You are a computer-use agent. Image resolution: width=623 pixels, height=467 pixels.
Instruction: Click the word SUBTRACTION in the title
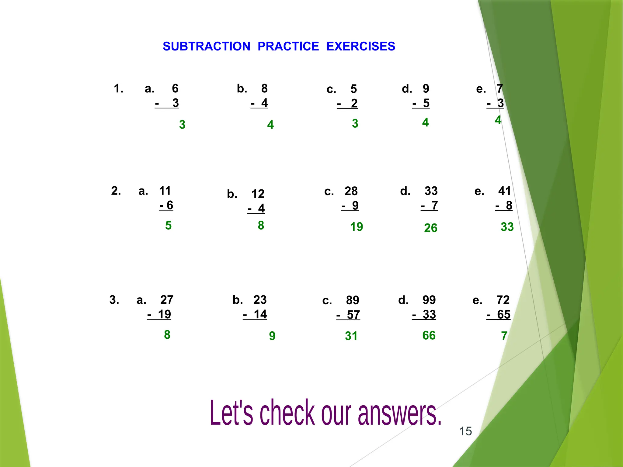tap(206, 47)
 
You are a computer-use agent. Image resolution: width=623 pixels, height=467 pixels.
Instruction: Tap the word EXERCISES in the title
tap(360, 47)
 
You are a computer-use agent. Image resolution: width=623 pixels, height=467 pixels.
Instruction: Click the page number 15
tap(465, 431)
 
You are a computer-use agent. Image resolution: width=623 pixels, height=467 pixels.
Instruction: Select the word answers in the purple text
tap(399, 413)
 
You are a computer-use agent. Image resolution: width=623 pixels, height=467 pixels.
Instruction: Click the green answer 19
tap(356, 227)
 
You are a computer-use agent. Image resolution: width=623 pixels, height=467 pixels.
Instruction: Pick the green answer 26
tap(430, 228)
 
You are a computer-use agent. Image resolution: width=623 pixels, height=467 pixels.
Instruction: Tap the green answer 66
tap(429, 335)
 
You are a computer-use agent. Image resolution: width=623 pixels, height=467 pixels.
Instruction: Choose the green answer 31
tap(351, 336)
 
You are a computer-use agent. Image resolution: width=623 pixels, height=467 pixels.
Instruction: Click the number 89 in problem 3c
tap(353, 300)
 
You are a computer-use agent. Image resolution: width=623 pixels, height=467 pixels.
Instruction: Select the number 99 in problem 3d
tap(429, 300)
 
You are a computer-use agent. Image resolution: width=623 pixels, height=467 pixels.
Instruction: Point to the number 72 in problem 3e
tap(503, 300)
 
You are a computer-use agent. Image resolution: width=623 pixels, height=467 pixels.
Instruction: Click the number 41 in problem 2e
tap(505, 191)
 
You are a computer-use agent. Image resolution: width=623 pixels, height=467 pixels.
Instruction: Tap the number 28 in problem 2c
tap(351, 191)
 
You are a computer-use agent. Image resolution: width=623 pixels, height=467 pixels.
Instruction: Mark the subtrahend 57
tap(353, 315)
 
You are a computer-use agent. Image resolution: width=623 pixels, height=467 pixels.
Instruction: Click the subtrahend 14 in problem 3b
tap(260, 314)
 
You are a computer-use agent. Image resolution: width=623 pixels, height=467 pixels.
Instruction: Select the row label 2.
tap(116, 191)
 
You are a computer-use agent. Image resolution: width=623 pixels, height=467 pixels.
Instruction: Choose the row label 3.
tap(114, 300)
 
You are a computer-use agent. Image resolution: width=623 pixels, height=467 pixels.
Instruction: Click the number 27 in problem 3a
tap(167, 300)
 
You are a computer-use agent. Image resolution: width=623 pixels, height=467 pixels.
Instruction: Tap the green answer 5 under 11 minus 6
tap(168, 226)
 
